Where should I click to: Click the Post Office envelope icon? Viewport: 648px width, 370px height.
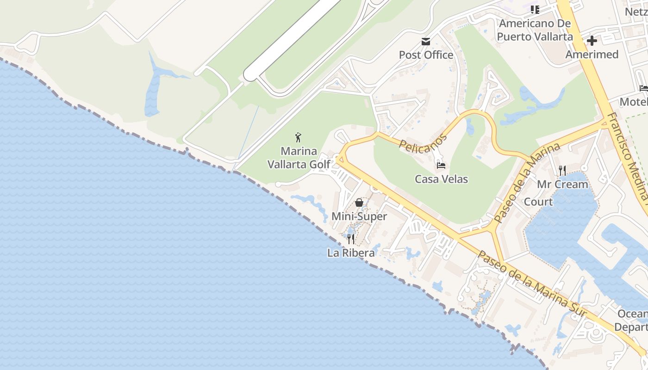click(x=426, y=42)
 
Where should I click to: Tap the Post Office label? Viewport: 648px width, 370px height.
click(x=426, y=55)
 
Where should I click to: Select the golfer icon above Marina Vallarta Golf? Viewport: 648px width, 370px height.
click(x=299, y=137)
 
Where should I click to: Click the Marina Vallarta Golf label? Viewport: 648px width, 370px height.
click(x=299, y=158)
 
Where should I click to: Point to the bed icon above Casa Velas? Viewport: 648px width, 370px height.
click(x=441, y=166)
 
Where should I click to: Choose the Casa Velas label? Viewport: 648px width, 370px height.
click(x=441, y=179)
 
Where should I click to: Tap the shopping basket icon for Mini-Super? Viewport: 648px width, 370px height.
click(x=359, y=203)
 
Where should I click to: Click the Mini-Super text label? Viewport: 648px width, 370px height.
click(x=359, y=216)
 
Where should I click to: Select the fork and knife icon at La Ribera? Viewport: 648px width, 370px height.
click(x=351, y=239)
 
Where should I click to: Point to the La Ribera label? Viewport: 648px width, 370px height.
click(x=351, y=253)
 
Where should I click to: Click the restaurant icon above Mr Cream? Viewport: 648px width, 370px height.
click(x=562, y=171)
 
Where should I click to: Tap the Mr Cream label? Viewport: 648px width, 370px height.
click(x=562, y=184)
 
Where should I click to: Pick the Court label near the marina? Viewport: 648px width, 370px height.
click(x=538, y=202)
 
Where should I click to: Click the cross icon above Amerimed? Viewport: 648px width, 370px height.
click(x=592, y=41)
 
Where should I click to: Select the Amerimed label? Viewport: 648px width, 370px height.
click(x=592, y=55)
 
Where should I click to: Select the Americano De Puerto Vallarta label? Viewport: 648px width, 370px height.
click(x=535, y=30)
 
